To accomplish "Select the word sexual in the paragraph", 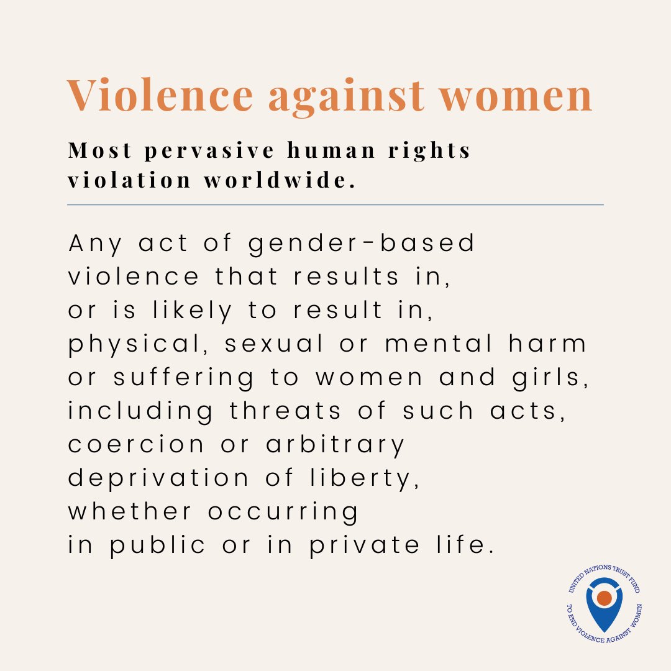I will [x=274, y=344].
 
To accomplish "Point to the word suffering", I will [x=184, y=378].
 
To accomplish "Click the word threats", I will [x=285, y=411].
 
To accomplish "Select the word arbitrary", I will [x=335, y=445].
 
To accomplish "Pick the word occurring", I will [x=283, y=512].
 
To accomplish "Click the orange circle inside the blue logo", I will [x=604, y=598].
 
